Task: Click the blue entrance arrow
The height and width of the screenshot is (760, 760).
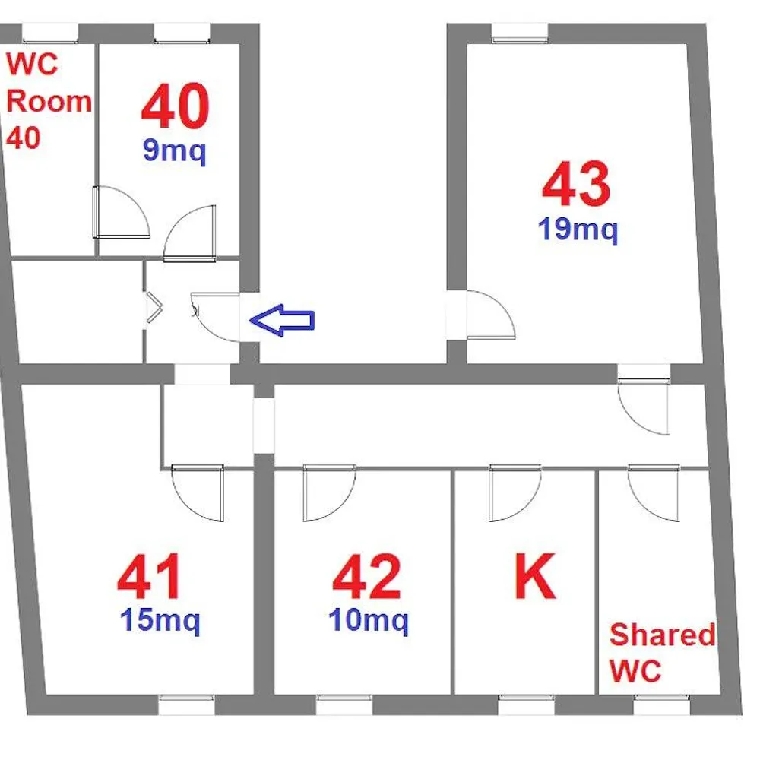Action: point(282,320)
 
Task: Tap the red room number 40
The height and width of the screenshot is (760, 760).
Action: point(176,106)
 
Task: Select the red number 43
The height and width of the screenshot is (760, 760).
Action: point(576,184)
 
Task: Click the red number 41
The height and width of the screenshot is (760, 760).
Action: point(150,577)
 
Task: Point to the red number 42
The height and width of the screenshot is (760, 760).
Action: point(366,577)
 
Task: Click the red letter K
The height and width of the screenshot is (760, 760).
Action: point(534,576)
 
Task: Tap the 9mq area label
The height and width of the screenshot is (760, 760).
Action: point(175,151)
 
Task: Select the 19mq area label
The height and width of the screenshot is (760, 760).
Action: point(578,230)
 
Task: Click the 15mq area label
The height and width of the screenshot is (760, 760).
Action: point(160,620)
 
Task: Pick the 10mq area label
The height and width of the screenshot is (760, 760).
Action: point(369,620)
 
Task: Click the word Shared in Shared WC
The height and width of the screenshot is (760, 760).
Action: point(662,635)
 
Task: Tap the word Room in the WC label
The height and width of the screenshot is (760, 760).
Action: point(49,102)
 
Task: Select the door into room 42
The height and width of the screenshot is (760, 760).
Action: point(330,493)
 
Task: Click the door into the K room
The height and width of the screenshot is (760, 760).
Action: point(515,493)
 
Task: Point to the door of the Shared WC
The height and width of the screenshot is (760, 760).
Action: point(654,493)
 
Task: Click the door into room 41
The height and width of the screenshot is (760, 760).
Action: point(198,493)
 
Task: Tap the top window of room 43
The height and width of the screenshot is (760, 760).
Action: point(520,33)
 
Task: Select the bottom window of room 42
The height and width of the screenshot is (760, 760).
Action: point(344,705)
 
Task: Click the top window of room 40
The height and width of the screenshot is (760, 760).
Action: point(182,33)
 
